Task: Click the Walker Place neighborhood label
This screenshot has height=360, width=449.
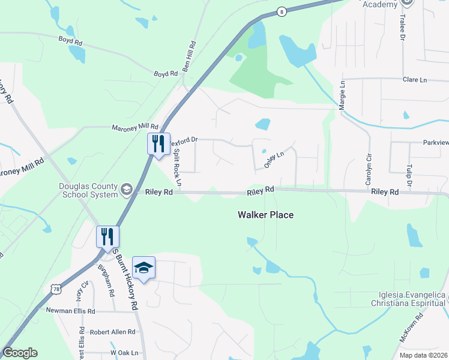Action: [265, 215]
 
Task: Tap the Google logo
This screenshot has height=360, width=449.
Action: [20, 352]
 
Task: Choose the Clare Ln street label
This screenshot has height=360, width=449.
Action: [414, 79]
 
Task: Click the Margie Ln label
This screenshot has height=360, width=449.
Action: [343, 96]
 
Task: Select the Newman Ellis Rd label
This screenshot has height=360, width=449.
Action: [71, 311]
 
